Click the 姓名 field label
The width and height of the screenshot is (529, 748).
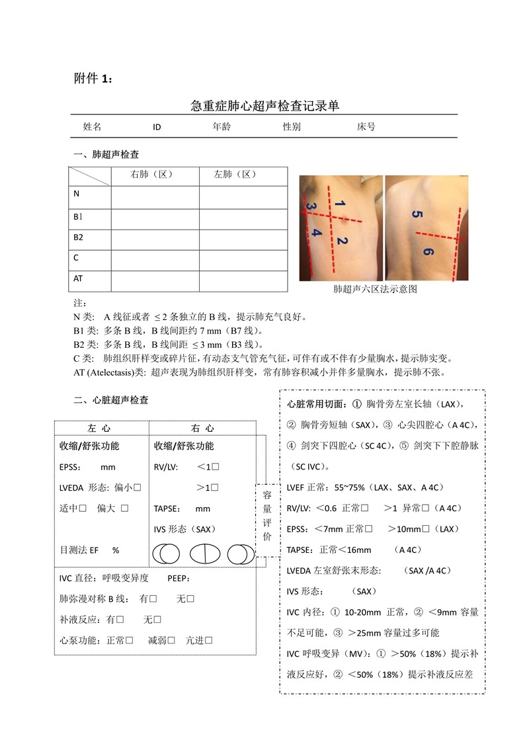tap(92, 126)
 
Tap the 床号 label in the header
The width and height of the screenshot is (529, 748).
tap(366, 126)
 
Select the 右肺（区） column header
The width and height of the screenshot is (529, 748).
tap(155, 175)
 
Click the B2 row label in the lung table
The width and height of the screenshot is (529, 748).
tap(78, 237)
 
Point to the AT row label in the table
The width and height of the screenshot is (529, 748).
tap(78, 278)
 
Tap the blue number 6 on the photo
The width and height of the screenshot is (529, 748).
tap(428, 252)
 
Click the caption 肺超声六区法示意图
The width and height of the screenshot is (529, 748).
tap(375, 290)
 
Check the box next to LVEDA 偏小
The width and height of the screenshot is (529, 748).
tap(138, 488)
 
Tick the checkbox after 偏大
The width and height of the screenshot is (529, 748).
tap(124, 509)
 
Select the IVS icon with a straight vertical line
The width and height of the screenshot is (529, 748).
tap(204, 554)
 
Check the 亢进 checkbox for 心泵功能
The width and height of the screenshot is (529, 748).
tap(208, 640)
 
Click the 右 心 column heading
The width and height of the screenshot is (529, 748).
tap(202, 429)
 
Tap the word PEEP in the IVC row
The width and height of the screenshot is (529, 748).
tap(179, 578)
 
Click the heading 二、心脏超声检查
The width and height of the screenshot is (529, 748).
tap(111, 400)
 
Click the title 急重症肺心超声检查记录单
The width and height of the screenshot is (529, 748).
tap(264, 106)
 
